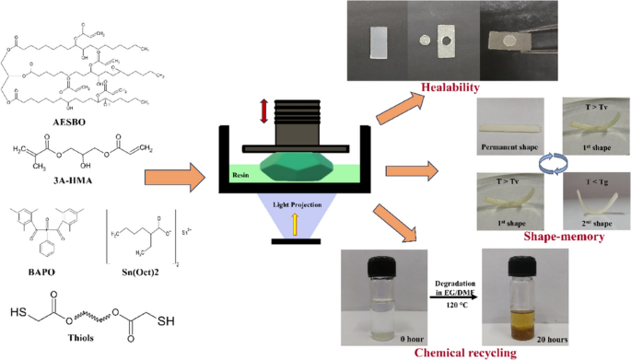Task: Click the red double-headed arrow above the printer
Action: coord(263,111)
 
